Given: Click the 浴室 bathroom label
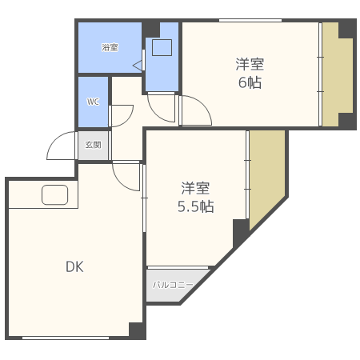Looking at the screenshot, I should click(x=110, y=48).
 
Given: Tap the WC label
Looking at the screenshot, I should click(x=93, y=102).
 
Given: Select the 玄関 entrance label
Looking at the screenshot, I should click(x=94, y=145).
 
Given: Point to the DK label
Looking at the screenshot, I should click(x=74, y=266).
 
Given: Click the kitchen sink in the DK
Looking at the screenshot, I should click(x=55, y=195).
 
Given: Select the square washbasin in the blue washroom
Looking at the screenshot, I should click(x=162, y=47).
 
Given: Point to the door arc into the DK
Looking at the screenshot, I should click(x=126, y=174).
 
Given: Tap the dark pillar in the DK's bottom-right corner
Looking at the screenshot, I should click(x=136, y=330).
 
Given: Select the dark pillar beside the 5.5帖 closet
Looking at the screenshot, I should click(x=241, y=231).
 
